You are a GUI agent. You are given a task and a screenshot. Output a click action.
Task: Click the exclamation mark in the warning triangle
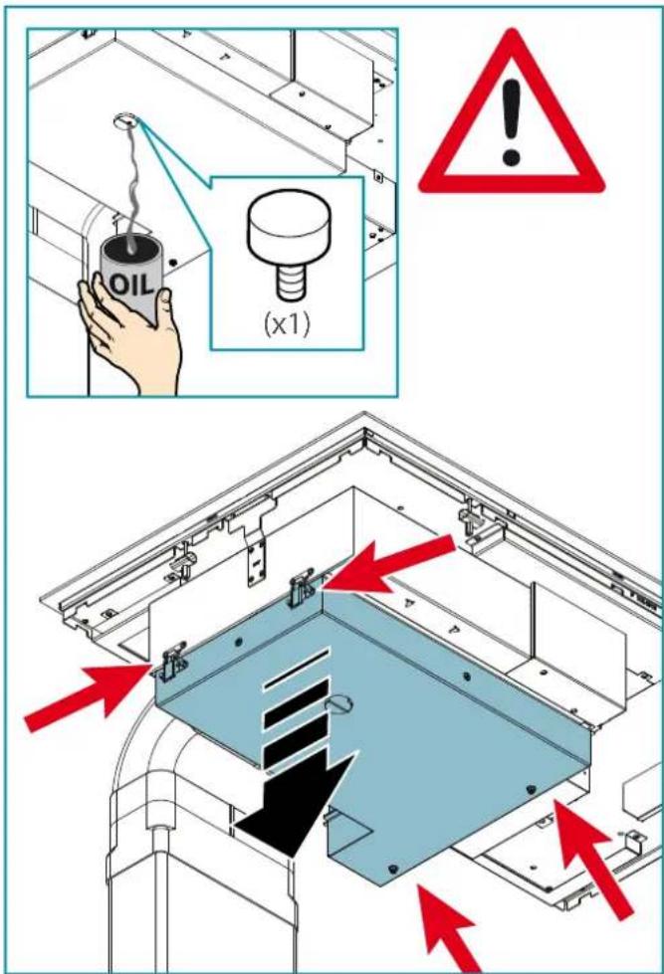pos(511,122)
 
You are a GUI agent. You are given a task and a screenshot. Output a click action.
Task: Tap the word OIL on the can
pos(130,284)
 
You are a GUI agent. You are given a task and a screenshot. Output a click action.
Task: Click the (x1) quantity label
pos(286,324)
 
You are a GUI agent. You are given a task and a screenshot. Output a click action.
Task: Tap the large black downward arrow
pos(294,801)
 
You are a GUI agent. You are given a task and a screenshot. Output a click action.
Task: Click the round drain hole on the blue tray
pos(339,703)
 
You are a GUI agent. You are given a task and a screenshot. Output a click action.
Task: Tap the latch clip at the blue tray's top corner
pos(303,588)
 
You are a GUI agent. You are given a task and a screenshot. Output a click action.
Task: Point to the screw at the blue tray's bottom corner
pos(391,868)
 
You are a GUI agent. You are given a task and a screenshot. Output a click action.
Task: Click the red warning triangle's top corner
pos(512,30)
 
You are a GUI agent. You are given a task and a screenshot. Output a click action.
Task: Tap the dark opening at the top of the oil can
pos(131,249)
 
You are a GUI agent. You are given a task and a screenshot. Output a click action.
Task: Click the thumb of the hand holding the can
pos(164,304)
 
